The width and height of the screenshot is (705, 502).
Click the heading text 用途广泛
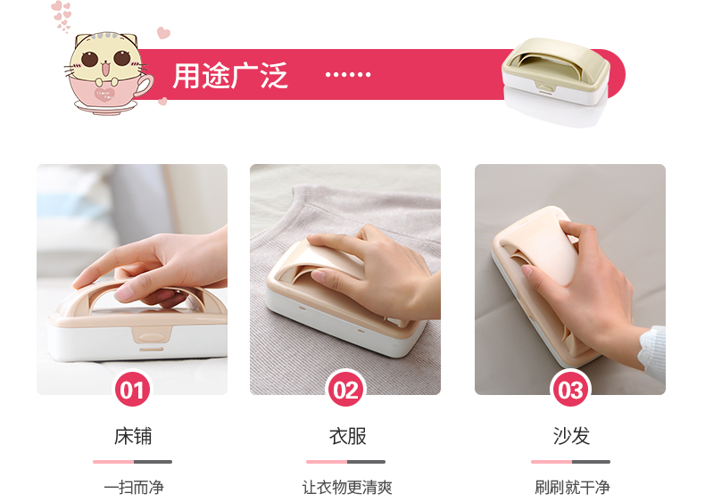click(229, 76)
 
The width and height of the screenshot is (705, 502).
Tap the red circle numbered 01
click(132, 389)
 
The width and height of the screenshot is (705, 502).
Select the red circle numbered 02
click(345, 389)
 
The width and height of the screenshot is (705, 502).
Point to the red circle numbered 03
click(570, 389)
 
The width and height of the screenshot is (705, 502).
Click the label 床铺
click(133, 436)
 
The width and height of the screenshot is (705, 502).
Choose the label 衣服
click(347, 436)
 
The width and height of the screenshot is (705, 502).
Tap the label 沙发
click(571, 436)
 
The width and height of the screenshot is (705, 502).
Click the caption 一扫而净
click(134, 488)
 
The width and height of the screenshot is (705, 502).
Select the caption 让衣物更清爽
click(347, 488)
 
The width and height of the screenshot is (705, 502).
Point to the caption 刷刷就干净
click(572, 488)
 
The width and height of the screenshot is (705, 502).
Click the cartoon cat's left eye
click(89, 59)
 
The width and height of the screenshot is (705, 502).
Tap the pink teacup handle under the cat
click(145, 85)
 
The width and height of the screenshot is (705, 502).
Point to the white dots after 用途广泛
click(348, 75)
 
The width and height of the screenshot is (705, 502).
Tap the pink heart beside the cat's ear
click(163, 33)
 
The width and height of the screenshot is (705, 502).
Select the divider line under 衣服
click(345, 462)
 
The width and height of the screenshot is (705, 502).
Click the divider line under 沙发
click(570, 462)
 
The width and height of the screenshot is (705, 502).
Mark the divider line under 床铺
click(133, 462)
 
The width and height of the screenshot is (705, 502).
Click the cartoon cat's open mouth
click(105, 70)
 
